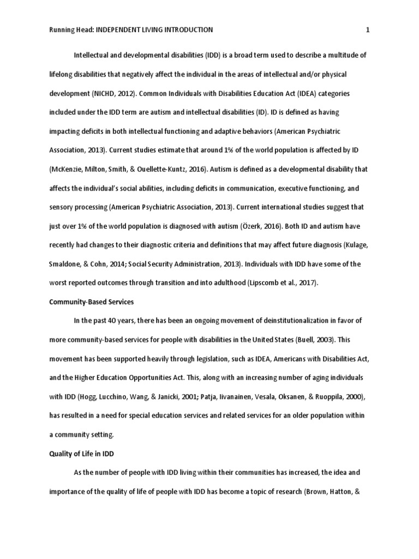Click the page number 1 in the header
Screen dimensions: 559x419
[368, 30]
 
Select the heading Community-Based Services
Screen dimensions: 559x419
[87, 301]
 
